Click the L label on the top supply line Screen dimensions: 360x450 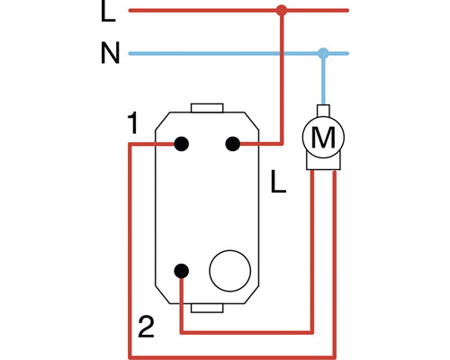click(x=108, y=13)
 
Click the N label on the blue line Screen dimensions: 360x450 click(x=109, y=53)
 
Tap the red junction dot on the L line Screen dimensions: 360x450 click(x=282, y=12)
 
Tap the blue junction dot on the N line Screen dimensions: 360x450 click(x=324, y=53)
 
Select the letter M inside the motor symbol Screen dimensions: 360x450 click(x=322, y=138)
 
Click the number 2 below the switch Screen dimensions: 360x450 click(x=144, y=326)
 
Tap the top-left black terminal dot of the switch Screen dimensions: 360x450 click(x=181, y=143)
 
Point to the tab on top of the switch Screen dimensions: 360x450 click(x=206, y=109)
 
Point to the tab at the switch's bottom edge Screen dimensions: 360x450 click(x=206, y=309)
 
